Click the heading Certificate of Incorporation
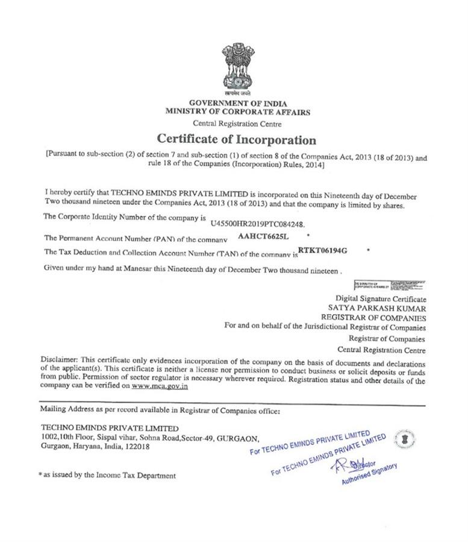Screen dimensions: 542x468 click(236, 140)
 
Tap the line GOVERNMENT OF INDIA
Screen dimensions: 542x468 click(238, 103)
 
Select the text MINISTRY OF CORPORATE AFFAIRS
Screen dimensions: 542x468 click(238, 112)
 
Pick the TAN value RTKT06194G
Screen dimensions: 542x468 click(323, 250)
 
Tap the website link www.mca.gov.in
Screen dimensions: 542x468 click(160, 386)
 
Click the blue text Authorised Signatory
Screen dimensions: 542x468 click(369, 474)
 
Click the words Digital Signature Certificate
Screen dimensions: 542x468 click(381, 299)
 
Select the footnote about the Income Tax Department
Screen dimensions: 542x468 click(107, 475)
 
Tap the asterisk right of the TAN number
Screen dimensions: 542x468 click(367, 249)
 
